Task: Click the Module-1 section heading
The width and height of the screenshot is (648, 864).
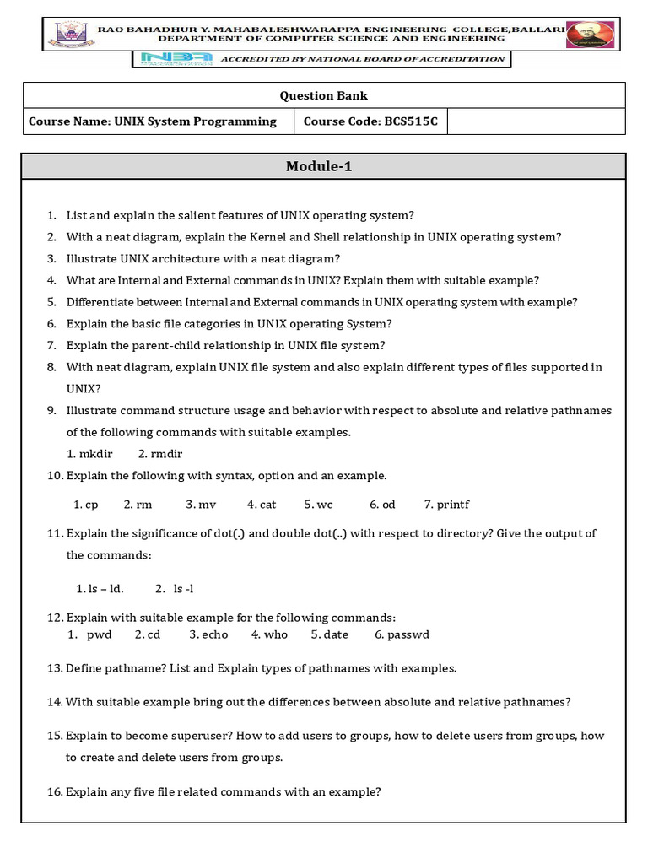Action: point(318,166)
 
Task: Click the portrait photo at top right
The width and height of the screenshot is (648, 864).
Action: point(590,35)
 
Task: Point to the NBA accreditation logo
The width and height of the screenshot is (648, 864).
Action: point(173,60)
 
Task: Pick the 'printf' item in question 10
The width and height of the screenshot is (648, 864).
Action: point(446,505)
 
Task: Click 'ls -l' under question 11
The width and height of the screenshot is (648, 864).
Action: point(184,589)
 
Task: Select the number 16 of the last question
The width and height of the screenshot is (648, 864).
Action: point(55,791)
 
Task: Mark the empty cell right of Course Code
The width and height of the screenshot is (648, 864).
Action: point(536,121)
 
